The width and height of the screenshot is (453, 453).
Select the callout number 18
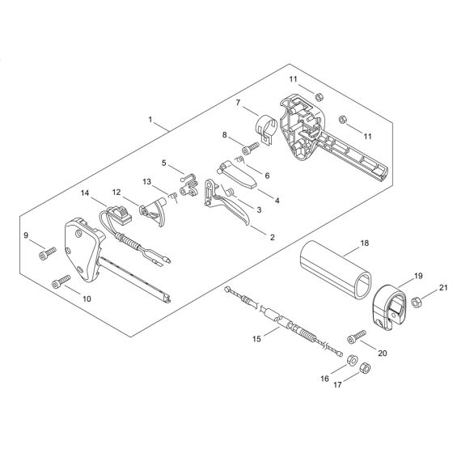click(364, 242)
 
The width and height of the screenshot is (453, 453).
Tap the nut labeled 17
click(363, 370)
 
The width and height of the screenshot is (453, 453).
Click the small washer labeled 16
click(352, 357)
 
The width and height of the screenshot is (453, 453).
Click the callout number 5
click(165, 163)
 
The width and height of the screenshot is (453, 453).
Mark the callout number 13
click(146, 181)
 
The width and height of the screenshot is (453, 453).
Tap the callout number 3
click(259, 210)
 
